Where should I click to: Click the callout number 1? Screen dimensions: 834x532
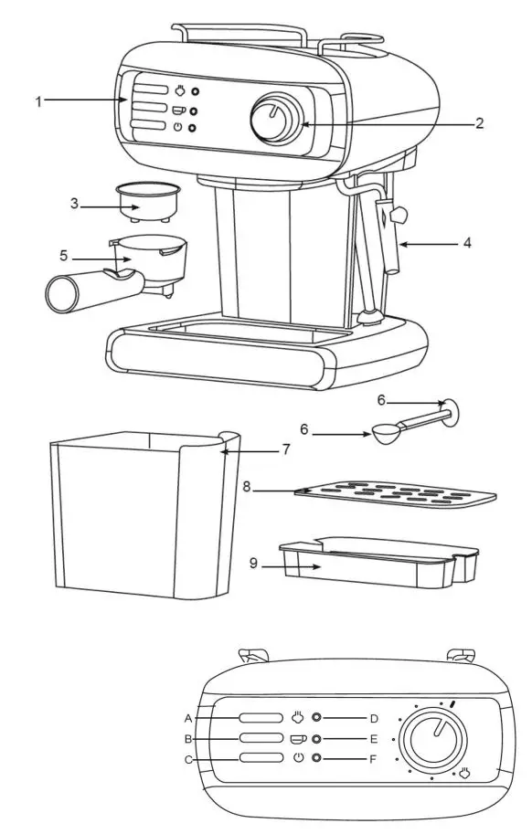pyautogui.click(x=38, y=101)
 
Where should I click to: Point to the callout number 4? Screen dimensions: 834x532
pyautogui.click(x=466, y=244)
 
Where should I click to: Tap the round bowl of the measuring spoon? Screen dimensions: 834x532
pyautogui.click(x=385, y=435)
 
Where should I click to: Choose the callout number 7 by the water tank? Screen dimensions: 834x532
pyautogui.click(x=285, y=449)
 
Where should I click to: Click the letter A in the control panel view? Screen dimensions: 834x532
pyautogui.click(x=187, y=717)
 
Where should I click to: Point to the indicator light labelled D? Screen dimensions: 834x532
pyautogui.click(x=317, y=718)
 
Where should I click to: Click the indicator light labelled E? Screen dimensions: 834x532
pyautogui.click(x=317, y=738)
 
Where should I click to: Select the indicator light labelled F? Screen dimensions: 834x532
pyautogui.click(x=317, y=758)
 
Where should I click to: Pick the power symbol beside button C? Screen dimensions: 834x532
pyautogui.click(x=298, y=758)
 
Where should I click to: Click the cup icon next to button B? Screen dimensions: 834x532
pyautogui.click(x=298, y=738)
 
